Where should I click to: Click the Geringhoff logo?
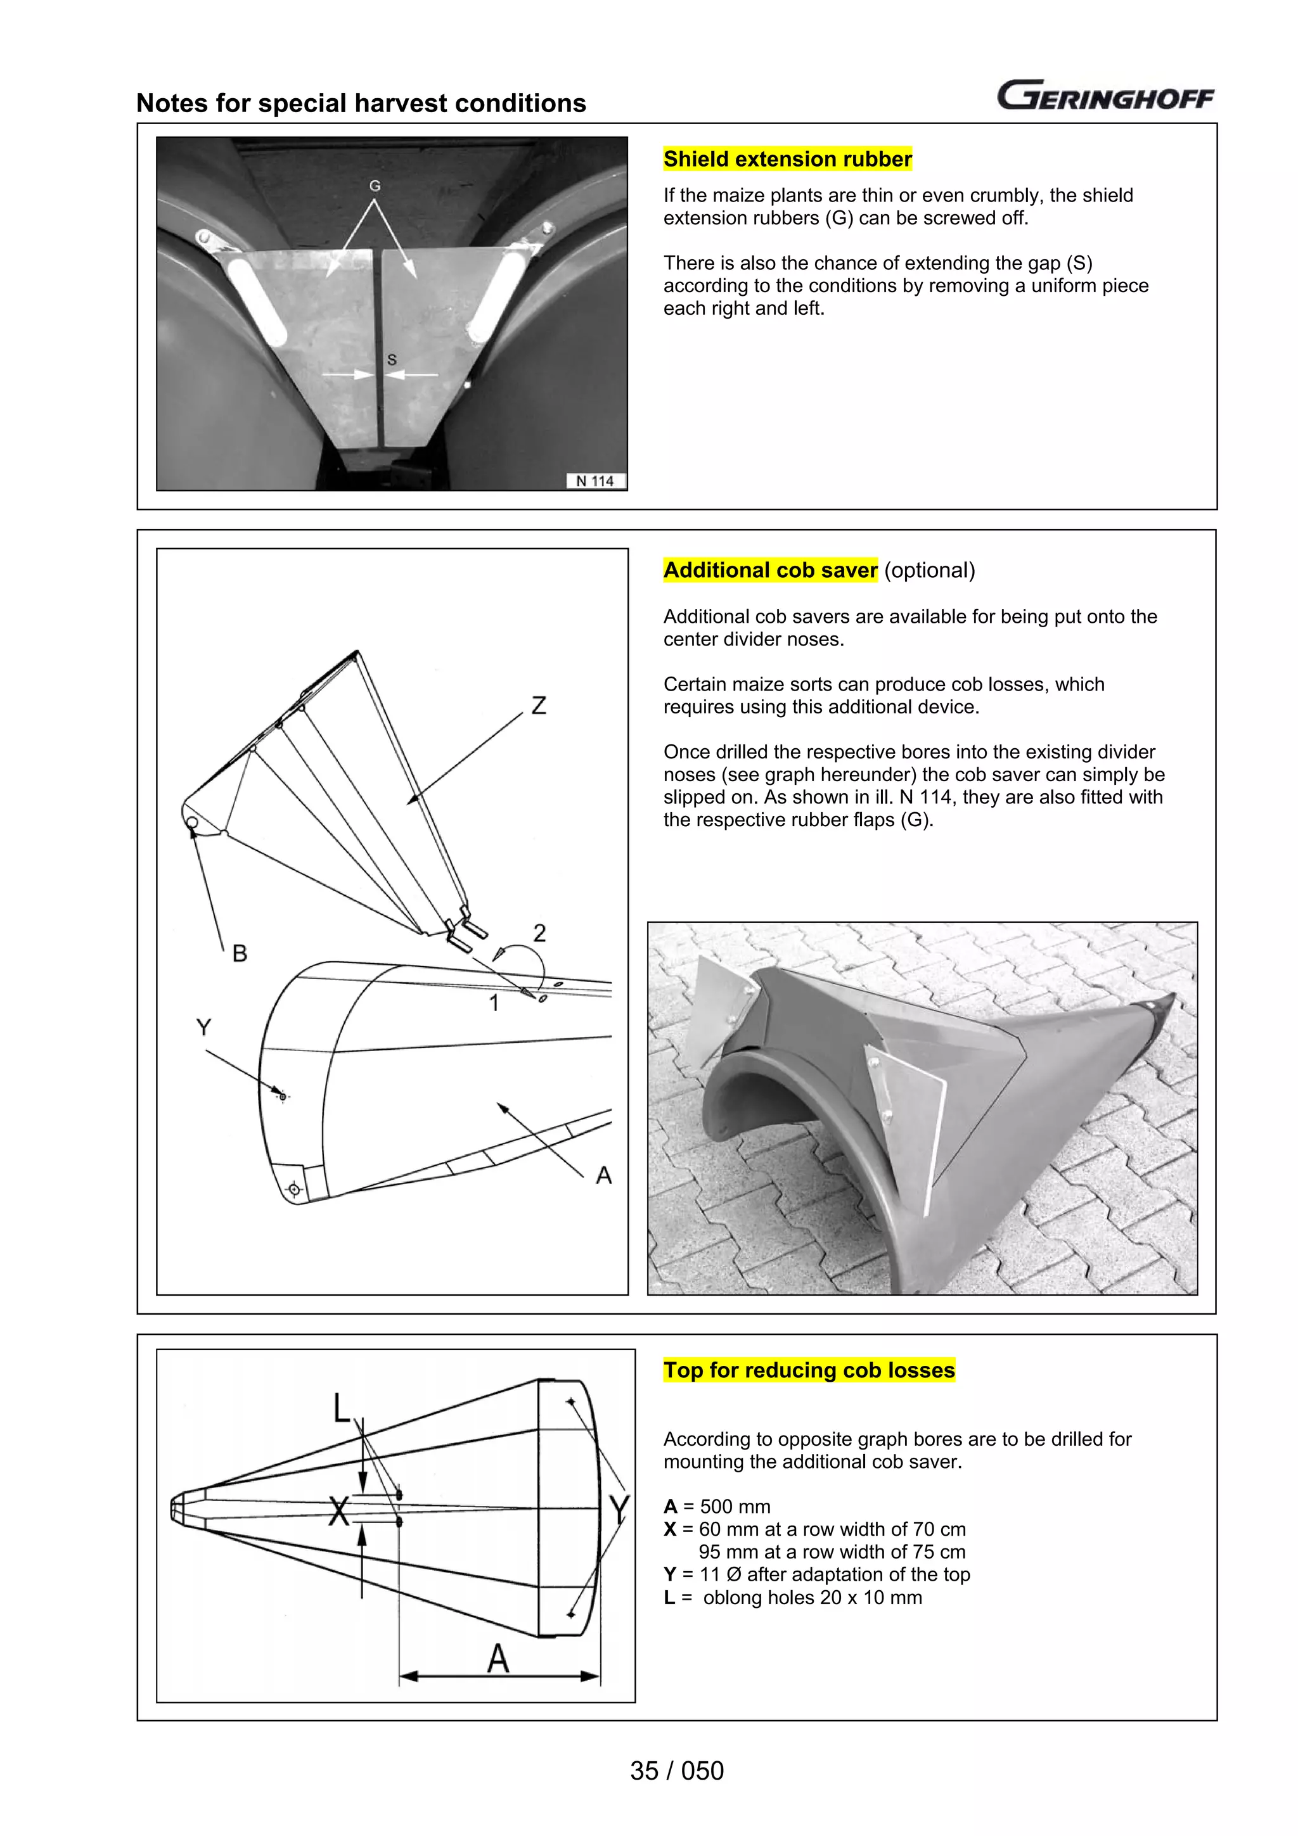(x=1105, y=95)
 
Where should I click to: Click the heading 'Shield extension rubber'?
(x=787, y=159)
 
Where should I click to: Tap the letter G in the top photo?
(x=375, y=186)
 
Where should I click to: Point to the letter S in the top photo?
(x=392, y=360)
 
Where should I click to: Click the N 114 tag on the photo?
(x=595, y=481)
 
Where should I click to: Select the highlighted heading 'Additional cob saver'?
(x=770, y=570)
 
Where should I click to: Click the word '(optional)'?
(x=929, y=570)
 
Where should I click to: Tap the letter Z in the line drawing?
(x=539, y=705)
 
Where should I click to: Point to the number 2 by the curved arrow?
(x=540, y=933)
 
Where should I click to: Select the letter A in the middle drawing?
(x=604, y=1175)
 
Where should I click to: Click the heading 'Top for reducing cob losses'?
(x=809, y=1370)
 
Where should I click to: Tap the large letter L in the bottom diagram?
(x=342, y=1407)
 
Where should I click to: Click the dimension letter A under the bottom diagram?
(x=498, y=1659)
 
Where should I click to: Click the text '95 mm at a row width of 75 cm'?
(x=832, y=1552)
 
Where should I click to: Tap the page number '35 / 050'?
(x=677, y=1770)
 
